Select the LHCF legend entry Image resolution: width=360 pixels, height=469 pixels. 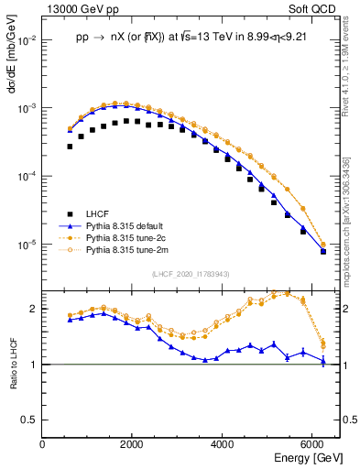[97, 212]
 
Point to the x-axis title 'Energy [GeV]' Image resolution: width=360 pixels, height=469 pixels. [308, 457]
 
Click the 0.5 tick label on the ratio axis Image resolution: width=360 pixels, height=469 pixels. [30, 420]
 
